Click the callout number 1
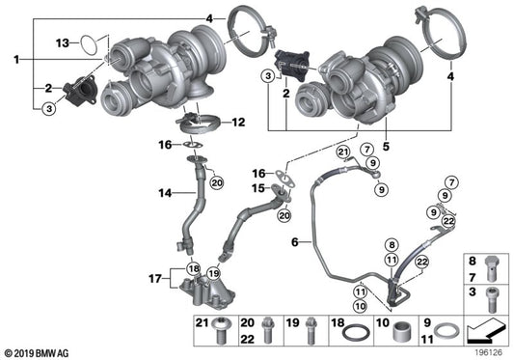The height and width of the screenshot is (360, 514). point(16,60)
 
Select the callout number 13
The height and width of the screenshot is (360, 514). point(62,42)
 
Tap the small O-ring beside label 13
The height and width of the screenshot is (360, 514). point(89,43)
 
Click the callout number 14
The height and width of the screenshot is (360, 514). point(164,194)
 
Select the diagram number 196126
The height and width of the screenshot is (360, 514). point(486,350)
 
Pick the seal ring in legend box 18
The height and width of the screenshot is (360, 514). point(355,334)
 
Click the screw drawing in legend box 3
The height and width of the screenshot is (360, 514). point(493,297)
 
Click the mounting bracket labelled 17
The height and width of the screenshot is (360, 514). point(208,290)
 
